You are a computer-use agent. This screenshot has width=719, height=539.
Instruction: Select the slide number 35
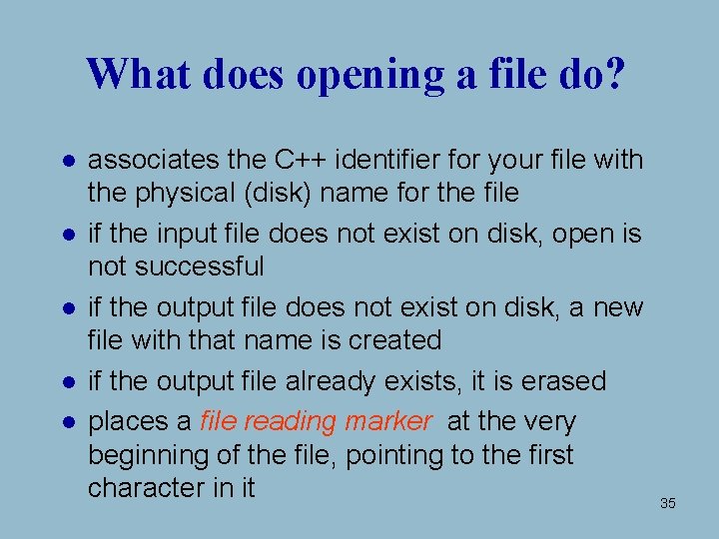click(668, 503)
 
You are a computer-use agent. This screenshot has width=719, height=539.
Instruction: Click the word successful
click(202, 267)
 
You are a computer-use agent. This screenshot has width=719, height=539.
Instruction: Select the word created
click(395, 340)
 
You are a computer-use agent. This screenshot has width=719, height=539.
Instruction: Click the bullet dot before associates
click(64, 160)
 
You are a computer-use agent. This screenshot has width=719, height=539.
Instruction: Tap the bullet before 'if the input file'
click(64, 235)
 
